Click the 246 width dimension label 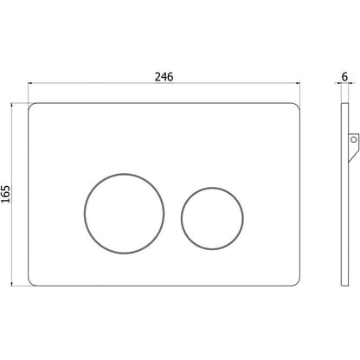click(x=164, y=77)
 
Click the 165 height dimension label click(x=5, y=194)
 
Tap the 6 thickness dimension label click(x=344, y=77)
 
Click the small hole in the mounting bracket click(x=353, y=140)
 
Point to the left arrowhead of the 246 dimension click(x=30, y=83)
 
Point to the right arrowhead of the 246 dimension click(x=299, y=83)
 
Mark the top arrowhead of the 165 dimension click(x=12, y=105)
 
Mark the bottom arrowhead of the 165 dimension click(x=12, y=284)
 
